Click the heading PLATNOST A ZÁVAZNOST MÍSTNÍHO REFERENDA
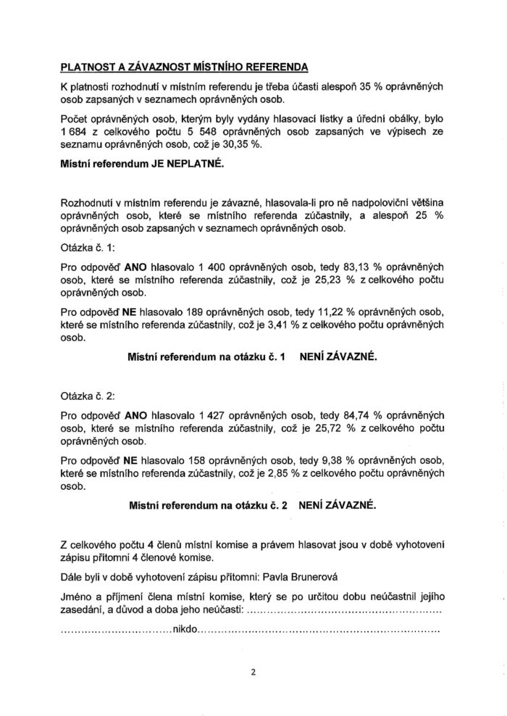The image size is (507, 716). pyautogui.click(x=184, y=67)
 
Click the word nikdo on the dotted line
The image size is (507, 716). pyautogui.click(x=185, y=630)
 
